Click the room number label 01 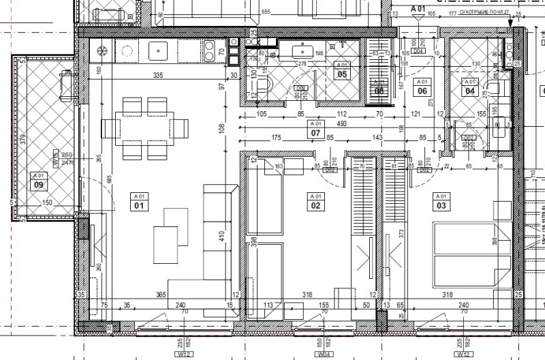[x=139, y=205]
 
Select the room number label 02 [x=315, y=205]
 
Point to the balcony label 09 [x=39, y=184]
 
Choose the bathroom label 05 [x=342, y=74]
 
